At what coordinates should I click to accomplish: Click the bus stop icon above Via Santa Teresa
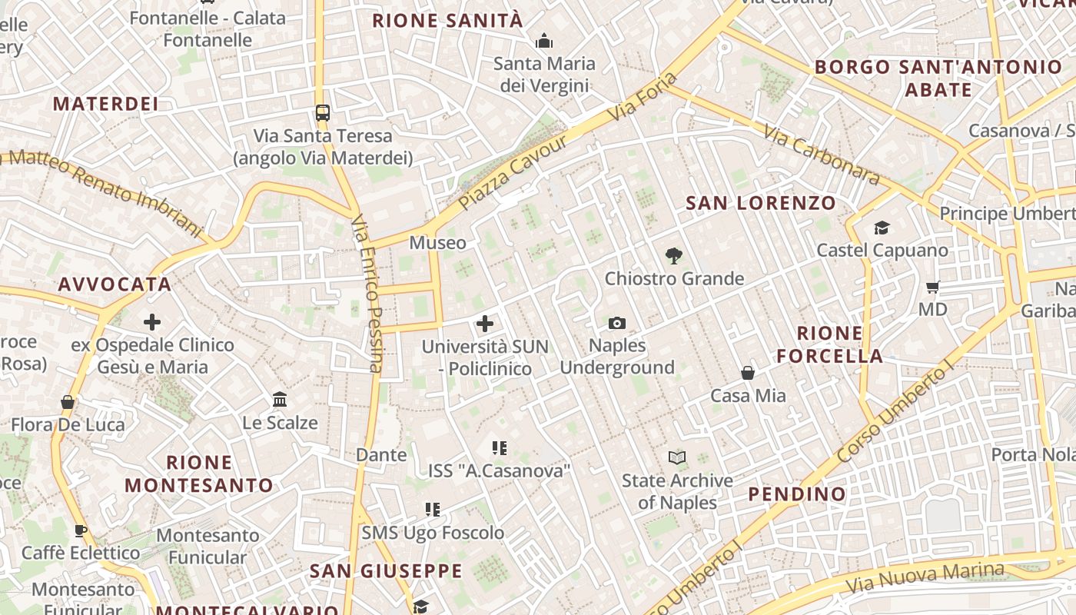323,113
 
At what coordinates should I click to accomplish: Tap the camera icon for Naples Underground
616,324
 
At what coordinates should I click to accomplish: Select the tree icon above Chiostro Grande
674,256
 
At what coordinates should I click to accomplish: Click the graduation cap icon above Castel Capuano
882,228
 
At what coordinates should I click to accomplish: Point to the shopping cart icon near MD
932,288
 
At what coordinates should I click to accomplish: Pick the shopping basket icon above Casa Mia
748,373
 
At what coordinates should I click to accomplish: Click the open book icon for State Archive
677,458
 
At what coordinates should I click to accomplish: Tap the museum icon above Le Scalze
280,400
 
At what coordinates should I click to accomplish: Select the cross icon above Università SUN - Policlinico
485,324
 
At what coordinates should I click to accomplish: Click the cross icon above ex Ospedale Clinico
152,322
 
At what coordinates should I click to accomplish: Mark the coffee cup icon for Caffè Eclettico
80,530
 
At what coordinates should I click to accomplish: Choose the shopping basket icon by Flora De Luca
68,402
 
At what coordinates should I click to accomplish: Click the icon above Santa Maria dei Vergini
544,41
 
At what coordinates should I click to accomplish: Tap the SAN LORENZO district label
760,203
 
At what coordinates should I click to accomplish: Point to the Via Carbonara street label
821,155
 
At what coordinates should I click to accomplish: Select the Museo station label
437,243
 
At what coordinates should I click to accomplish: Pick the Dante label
381,454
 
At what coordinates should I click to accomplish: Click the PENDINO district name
797,494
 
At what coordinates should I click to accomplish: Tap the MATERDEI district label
105,104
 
